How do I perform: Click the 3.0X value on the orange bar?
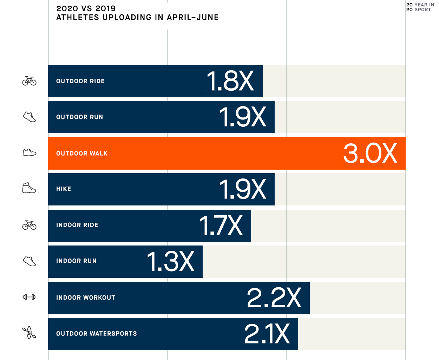click(370, 153)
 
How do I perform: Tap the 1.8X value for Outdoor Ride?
click(230, 81)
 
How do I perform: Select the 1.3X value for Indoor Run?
click(170, 262)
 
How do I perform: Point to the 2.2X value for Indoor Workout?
click(274, 298)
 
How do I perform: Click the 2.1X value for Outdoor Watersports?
click(267, 334)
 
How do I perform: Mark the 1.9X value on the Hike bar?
click(243, 189)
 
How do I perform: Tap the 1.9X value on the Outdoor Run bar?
click(243, 117)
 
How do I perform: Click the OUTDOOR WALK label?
click(82, 153)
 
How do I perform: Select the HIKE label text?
click(64, 189)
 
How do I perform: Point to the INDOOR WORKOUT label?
click(86, 298)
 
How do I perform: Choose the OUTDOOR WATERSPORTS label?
click(97, 334)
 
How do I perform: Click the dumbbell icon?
click(30, 297)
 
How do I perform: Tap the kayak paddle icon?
click(29, 333)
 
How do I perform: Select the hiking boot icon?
click(29, 188)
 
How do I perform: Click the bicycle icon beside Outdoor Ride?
click(30, 81)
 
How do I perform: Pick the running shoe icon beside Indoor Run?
click(30, 261)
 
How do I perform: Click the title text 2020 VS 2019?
click(86, 8)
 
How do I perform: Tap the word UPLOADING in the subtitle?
click(127, 18)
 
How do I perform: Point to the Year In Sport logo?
click(420, 7)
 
